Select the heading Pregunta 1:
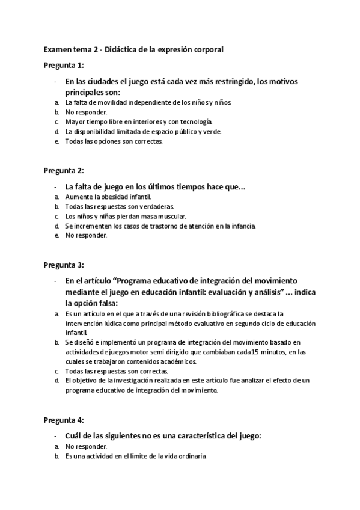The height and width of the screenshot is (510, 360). pyautogui.click(x=64, y=65)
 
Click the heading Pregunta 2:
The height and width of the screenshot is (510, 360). pyautogui.click(x=64, y=171)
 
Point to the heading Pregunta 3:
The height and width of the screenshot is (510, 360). pyautogui.click(x=64, y=265)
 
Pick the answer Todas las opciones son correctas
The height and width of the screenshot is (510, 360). pyautogui.click(x=114, y=141)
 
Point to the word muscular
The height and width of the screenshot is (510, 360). pyautogui.click(x=170, y=216)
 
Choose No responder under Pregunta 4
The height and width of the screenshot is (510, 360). pyautogui.click(x=87, y=447)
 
